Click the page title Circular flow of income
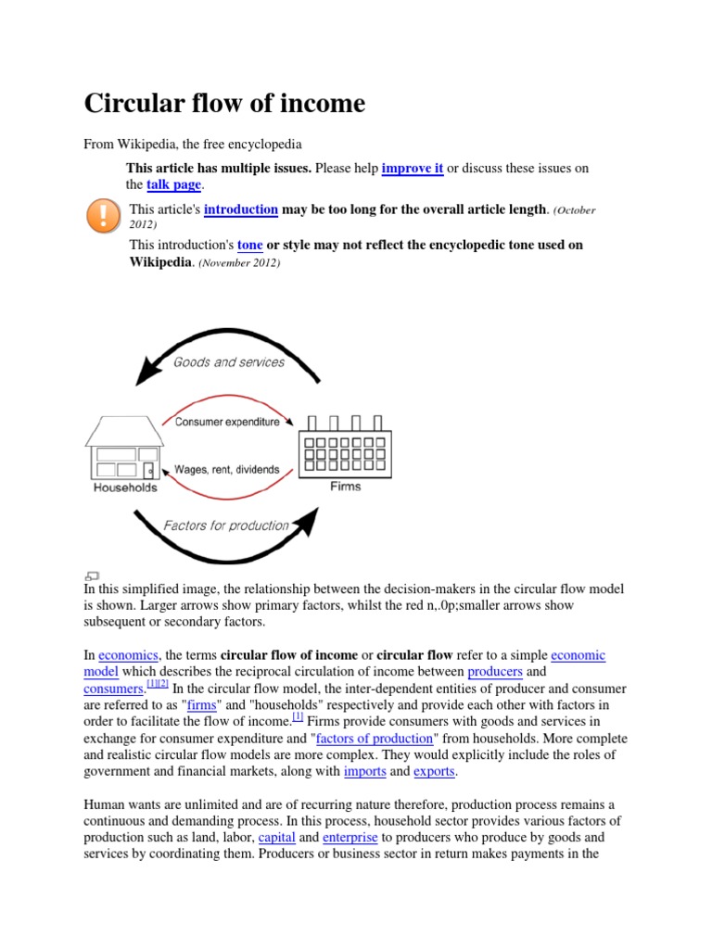point(224,103)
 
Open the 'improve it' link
point(413,168)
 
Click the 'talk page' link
point(173,184)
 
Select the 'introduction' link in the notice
point(241,209)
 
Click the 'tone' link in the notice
point(250,245)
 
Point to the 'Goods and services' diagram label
point(229,362)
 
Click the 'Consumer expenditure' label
point(227,422)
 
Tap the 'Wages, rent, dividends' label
point(227,470)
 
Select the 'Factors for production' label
point(226,525)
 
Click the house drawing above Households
point(121,448)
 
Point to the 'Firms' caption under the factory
point(346,487)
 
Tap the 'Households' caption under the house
point(125,487)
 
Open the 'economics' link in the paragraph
point(128,655)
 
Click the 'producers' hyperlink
point(495,672)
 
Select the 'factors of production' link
point(375,739)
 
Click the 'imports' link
point(364,771)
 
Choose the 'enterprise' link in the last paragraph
point(350,838)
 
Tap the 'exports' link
point(434,771)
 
